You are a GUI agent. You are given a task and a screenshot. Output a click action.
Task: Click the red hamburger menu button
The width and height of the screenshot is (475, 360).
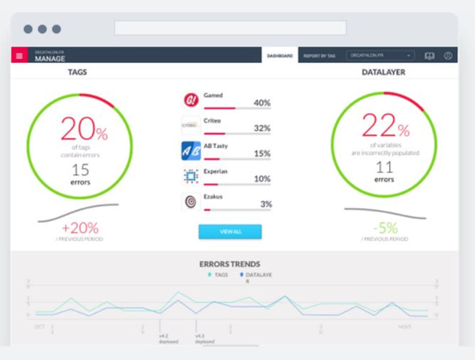19,55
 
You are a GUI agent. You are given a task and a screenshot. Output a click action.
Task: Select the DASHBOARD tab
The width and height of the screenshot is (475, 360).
280,56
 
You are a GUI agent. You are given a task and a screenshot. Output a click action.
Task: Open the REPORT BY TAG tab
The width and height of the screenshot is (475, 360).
319,56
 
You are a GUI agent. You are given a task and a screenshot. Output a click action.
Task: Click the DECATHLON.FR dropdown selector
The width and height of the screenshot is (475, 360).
380,55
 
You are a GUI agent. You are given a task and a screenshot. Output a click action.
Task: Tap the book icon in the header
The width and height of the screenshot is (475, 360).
429,56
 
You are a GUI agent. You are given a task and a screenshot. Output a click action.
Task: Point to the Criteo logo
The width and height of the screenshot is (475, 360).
191,126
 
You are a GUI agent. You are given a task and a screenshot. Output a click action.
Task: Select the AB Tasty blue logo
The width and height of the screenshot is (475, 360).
191,151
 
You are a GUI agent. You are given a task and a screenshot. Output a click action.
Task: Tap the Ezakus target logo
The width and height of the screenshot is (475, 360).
191,202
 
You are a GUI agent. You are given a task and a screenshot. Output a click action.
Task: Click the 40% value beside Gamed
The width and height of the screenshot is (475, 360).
262,103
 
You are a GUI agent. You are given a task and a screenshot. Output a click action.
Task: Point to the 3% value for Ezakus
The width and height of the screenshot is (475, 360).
266,204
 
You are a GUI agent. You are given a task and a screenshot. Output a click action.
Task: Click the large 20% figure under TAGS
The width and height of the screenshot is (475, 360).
84,130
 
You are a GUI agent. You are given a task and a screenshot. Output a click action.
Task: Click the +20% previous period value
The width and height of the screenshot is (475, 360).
80,228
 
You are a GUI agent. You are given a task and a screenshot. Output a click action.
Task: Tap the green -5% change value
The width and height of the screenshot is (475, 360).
385,228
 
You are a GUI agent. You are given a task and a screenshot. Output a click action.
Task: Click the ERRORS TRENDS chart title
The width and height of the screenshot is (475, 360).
230,264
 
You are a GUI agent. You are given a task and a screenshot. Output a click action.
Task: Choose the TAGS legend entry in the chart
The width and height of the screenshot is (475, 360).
218,275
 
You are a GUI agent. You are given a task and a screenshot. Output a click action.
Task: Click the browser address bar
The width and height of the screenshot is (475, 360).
230,28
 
